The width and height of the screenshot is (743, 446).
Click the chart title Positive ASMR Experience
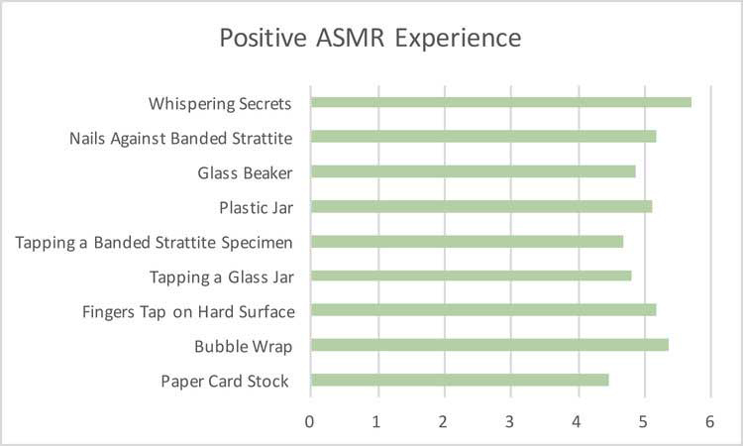point(371,39)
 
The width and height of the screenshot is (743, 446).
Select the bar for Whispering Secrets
point(501,102)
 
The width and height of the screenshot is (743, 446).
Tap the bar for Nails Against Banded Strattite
point(483,137)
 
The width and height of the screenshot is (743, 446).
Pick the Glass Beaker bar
point(474,171)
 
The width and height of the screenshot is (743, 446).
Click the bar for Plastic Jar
point(481,207)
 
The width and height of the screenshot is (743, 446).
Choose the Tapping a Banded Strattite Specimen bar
point(468,242)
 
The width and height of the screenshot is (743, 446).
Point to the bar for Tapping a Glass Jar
point(472,276)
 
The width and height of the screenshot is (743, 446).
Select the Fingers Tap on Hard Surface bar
point(483,310)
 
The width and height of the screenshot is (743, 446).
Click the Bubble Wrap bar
point(490,345)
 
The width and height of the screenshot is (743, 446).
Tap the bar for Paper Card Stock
point(460,381)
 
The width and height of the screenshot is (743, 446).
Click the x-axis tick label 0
point(309,422)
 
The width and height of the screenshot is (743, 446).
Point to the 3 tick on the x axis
point(509,422)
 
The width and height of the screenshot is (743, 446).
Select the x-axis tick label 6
point(710,422)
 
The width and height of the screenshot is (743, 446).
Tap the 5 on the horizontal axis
point(643,422)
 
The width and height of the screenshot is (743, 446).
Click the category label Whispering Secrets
point(220,104)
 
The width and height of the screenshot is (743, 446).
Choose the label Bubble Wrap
point(243,347)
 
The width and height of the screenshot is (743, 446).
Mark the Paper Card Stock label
point(225,382)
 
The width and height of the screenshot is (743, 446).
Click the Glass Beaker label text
point(245,173)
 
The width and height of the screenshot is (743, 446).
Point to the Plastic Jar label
point(257,208)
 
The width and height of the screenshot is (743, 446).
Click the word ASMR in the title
point(350,38)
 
